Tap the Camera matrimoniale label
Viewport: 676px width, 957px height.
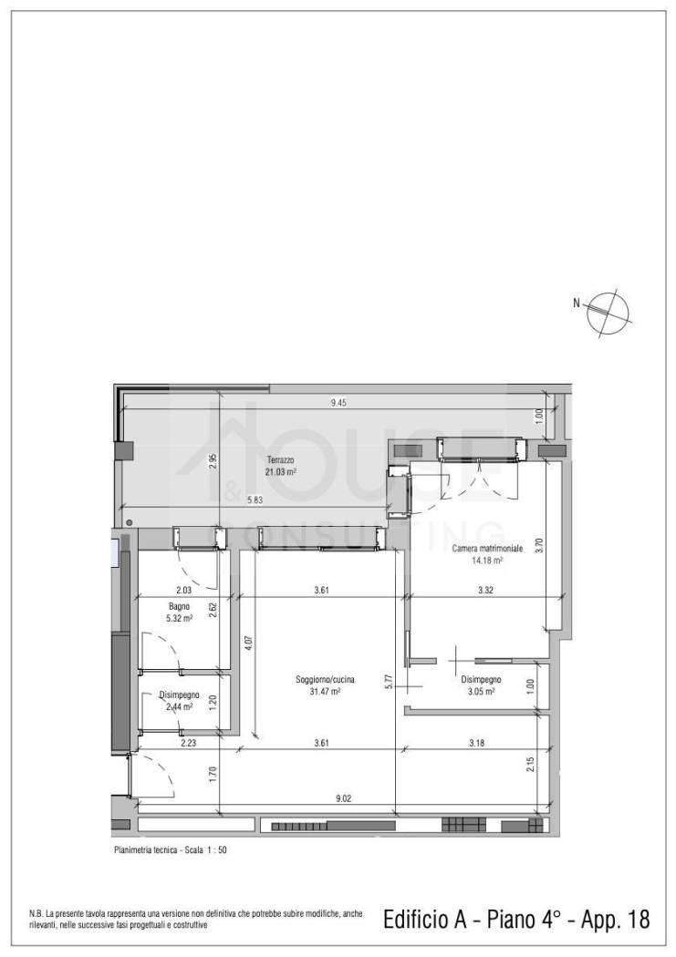[486, 549]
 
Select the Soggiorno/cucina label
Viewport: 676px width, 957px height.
[325, 680]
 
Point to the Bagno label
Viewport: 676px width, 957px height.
[179, 607]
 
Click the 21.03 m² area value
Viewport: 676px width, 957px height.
[281, 471]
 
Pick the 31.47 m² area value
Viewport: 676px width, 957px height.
[325, 692]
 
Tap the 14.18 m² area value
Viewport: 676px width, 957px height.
[486, 560]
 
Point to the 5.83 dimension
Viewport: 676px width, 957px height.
[255, 499]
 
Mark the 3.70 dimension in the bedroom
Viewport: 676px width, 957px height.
[538, 544]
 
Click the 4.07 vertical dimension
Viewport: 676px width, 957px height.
[248, 643]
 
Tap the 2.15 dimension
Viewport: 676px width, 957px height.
[530, 764]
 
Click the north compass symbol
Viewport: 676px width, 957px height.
[608, 314]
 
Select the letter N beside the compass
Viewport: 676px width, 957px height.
[576, 302]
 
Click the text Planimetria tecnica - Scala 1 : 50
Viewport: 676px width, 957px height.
[171, 849]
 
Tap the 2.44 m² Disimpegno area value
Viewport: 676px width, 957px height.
[179, 706]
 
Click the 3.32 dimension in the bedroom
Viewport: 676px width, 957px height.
[485, 591]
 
